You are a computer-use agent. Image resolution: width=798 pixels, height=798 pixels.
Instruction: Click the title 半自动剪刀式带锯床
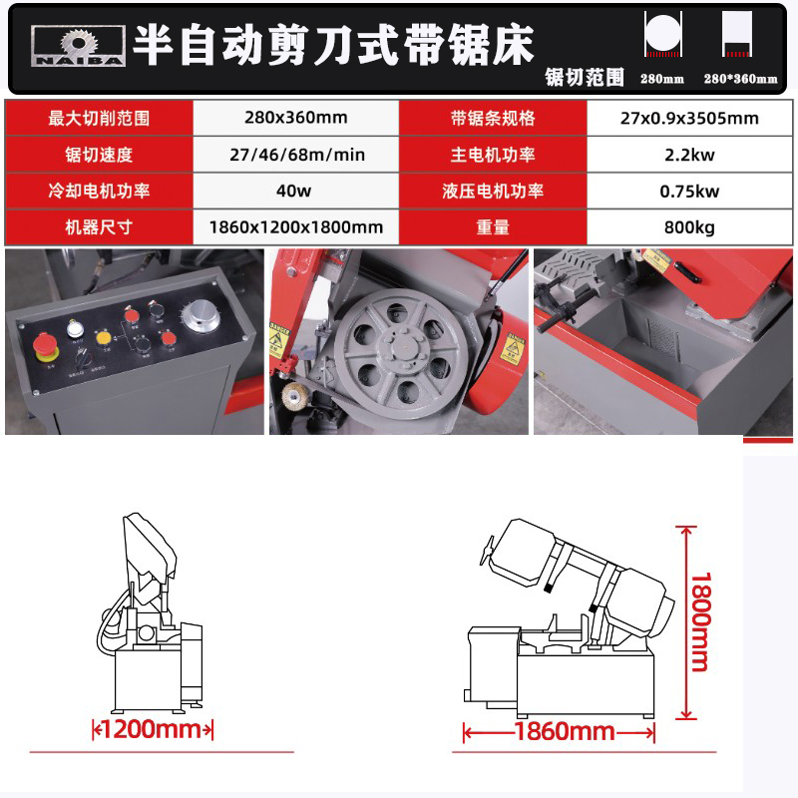click(333, 45)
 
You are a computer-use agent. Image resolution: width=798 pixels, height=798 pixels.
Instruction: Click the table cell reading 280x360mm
click(295, 118)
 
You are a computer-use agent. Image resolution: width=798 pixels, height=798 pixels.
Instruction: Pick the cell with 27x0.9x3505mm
click(688, 118)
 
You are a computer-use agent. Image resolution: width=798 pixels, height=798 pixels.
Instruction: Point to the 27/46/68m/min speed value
click(295, 155)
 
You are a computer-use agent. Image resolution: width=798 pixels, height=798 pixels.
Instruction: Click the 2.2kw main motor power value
click(688, 155)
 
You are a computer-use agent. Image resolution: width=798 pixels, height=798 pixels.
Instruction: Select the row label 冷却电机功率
click(99, 191)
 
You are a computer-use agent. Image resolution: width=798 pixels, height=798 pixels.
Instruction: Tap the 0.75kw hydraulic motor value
click(688, 191)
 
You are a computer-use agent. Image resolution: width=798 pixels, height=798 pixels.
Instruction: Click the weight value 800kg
click(688, 227)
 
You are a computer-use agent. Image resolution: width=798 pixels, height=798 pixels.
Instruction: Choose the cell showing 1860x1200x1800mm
click(295, 227)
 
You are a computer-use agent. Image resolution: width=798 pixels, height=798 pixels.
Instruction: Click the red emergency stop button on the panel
click(46, 349)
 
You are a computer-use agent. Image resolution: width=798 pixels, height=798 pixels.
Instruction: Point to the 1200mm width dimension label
click(154, 729)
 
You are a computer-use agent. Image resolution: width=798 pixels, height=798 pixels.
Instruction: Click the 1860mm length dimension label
click(564, 732)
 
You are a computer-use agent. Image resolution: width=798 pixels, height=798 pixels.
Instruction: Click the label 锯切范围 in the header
click(585, 77)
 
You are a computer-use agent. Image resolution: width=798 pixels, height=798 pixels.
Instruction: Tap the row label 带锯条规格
click(493, 118)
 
